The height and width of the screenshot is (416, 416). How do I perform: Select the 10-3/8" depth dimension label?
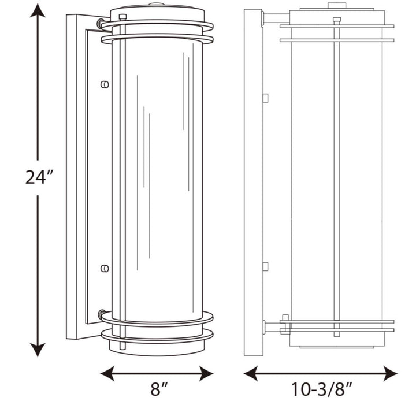[x=321, y=391]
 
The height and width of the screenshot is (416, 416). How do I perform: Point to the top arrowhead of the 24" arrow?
[x=38, y=12]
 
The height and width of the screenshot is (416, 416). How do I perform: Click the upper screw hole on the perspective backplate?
[x=105, y=84]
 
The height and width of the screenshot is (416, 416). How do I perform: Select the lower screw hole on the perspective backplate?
[x=105, y=268]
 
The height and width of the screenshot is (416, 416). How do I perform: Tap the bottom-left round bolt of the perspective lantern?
[x=103, y=315]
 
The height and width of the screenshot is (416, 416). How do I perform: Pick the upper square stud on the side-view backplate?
[x=265, y=98]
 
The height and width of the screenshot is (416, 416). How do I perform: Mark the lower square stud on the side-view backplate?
[x=265, y=266]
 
